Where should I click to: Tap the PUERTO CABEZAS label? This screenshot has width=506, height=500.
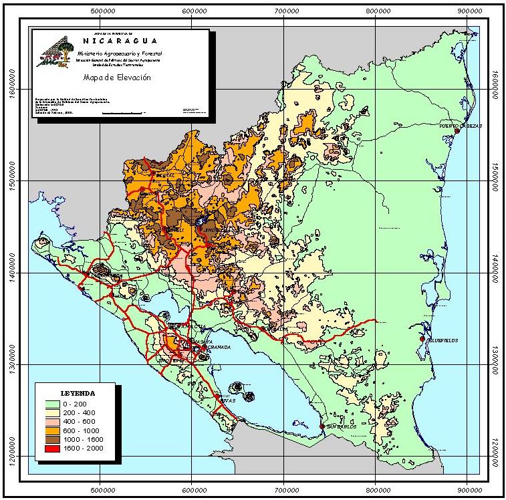coord(457,125)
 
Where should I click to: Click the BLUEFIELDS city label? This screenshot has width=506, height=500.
coord(441,340)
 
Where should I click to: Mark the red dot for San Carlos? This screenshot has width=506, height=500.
coord(322,426)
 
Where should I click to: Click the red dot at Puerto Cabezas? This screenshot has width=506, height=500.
coord(457,131)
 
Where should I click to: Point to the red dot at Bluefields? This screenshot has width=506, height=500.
coord(422,340)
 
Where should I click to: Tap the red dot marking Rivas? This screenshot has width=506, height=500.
coord(218,396)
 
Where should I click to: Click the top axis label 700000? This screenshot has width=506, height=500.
coord(286,11)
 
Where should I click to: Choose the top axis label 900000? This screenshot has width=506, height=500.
coord(470,11)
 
